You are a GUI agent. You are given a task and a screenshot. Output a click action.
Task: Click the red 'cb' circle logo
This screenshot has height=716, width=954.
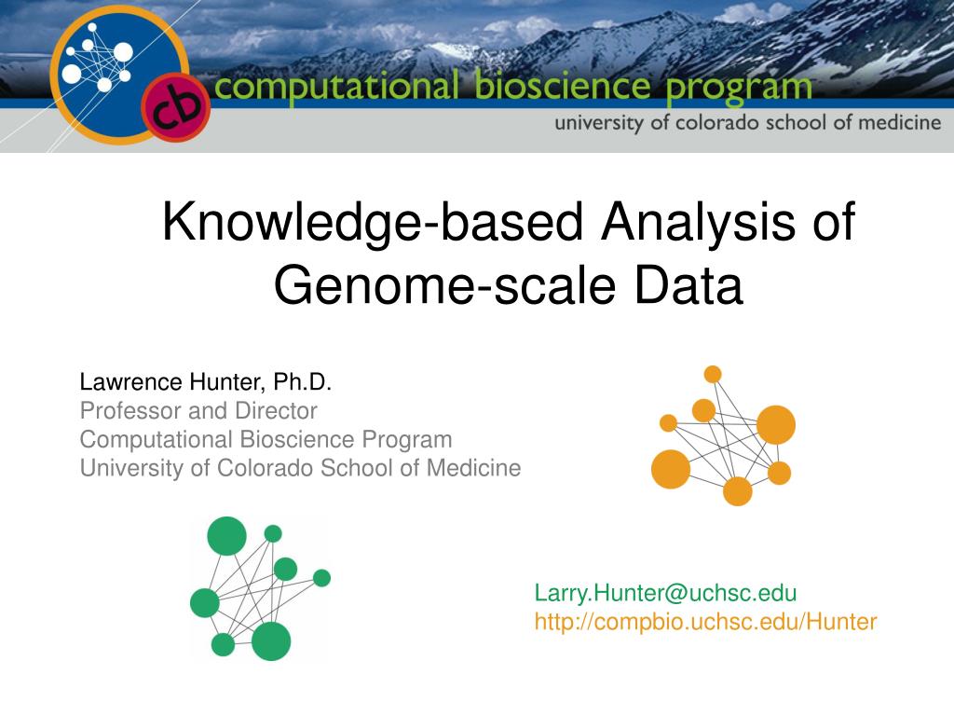(176, 107)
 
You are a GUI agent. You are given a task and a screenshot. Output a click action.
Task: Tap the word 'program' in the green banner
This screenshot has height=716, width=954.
(739, 89)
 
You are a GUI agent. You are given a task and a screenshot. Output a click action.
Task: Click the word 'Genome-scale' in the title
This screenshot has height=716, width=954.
(445, 287)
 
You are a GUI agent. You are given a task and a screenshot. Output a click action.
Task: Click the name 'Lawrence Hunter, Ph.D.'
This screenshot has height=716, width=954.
(206, 382)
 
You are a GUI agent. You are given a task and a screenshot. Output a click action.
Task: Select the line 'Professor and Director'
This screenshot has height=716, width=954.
(198, 411)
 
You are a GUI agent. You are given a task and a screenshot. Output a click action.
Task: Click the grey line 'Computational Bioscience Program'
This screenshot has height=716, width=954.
(266, 440)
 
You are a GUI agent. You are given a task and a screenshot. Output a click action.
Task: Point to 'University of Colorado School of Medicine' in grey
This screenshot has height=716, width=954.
(301, 468)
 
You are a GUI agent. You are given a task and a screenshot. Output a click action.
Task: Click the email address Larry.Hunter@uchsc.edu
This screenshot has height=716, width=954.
(665, 593)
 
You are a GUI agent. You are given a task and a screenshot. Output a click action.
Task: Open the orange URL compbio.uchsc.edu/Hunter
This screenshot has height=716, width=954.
(706, 622)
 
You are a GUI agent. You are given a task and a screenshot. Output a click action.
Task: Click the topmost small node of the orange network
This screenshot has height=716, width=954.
(713, 375)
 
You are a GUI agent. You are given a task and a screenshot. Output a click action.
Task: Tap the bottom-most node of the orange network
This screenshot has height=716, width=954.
(738, 491)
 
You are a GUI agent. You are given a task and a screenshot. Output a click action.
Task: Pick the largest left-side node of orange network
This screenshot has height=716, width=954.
(671, 470)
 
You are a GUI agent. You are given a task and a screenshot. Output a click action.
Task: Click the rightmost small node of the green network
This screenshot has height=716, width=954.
(321, 578)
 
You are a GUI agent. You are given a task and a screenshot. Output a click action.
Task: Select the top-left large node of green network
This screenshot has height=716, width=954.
(227, 536)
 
